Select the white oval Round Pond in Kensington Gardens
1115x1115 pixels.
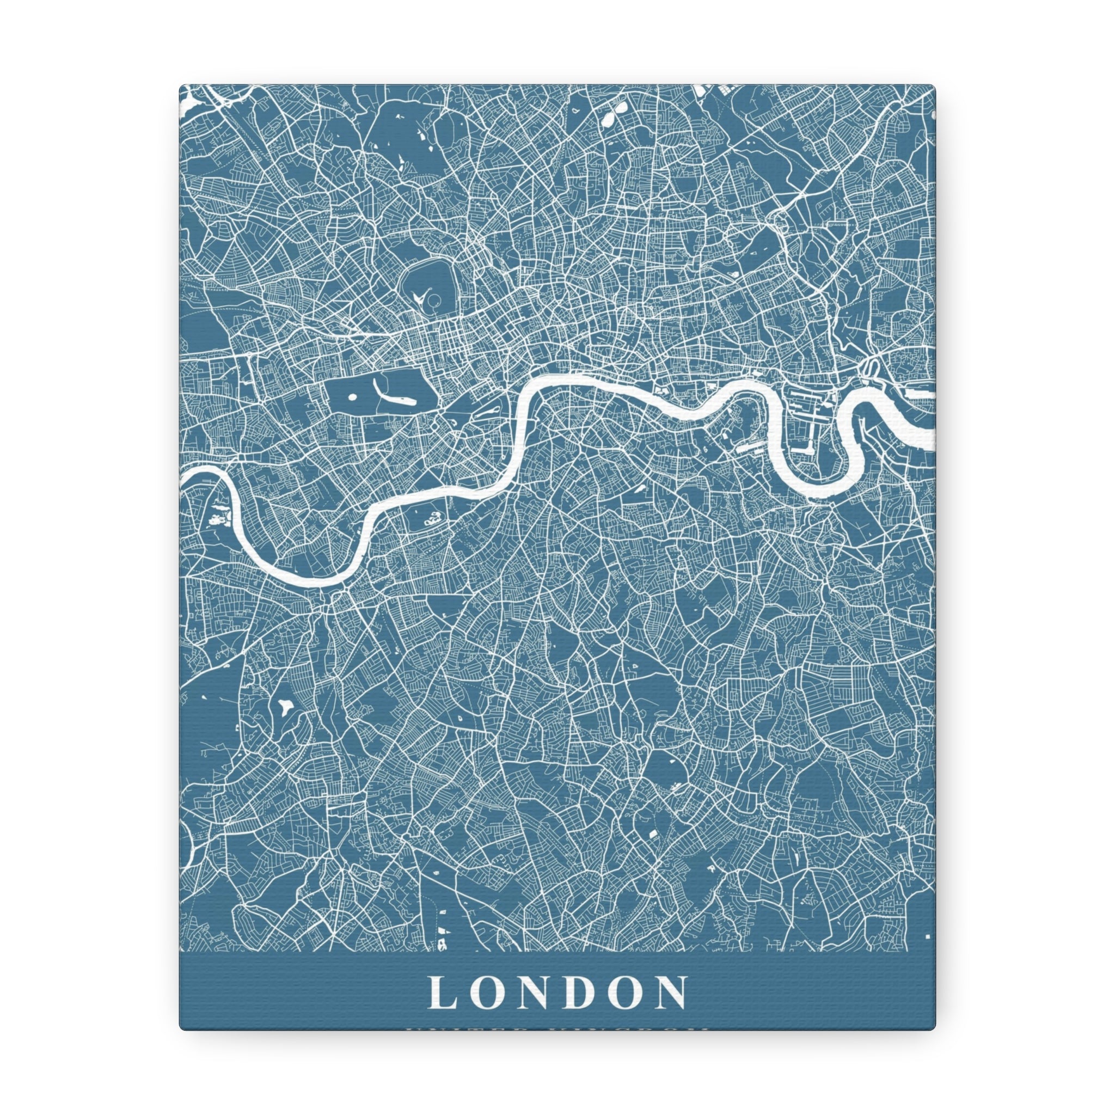[352, 396]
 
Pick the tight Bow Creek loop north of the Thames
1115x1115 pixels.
[869, 365]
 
